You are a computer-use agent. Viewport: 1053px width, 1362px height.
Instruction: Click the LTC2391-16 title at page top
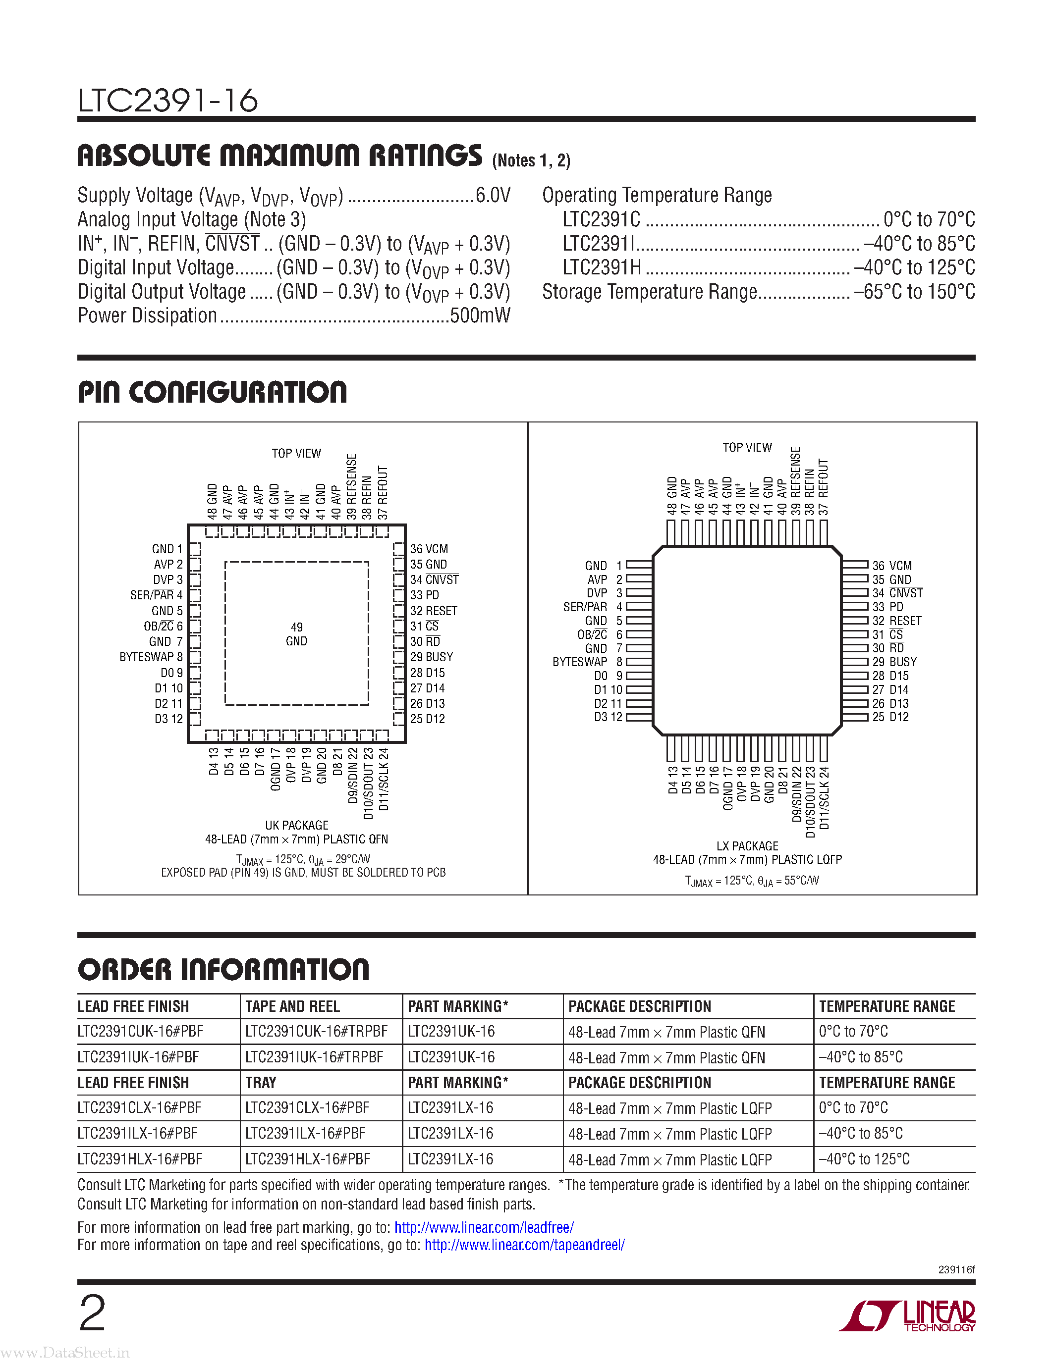click(167, 101)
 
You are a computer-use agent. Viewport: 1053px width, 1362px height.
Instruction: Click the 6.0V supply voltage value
click(493, 195)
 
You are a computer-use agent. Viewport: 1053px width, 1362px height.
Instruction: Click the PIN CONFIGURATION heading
click(212, 392)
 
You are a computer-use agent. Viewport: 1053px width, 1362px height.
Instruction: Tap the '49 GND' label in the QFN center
click(296, 634)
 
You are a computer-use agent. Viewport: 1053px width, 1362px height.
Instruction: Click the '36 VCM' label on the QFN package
click(429, 549)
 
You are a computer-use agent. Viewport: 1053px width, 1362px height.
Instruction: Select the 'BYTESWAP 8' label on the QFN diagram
click(151, 657)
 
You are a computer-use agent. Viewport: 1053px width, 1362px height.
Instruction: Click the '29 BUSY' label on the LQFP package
click(894, 662)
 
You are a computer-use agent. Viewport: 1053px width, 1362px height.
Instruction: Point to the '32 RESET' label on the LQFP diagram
click(896, 621)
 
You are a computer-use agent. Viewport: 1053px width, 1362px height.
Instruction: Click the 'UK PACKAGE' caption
click(296, 825)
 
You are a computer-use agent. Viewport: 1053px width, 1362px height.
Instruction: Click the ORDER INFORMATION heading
click(223, 970)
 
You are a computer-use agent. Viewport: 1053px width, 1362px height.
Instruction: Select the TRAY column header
click(261, 1083)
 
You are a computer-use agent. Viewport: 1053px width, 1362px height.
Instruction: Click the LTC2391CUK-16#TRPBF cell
click(316, 1032)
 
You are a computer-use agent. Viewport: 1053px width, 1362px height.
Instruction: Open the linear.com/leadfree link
click(484, 1227)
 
